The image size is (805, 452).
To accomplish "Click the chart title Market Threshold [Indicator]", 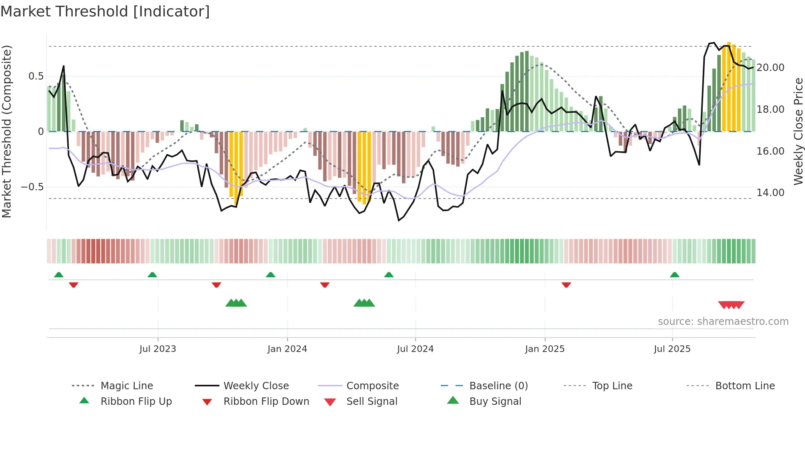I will click(x=105, y=11).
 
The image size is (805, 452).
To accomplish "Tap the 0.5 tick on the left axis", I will click(x=36, y=76).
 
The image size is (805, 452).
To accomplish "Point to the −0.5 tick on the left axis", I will click(x=32, y=187).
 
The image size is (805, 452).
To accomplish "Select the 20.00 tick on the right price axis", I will click(x=770, y=68).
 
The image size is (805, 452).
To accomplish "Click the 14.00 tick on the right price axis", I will click(x=770, y=193).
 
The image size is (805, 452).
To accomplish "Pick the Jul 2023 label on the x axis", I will click(x=158, y=349).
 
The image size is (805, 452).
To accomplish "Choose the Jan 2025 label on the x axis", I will click(x=545, y=349).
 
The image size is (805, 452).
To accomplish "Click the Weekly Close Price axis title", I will click(x=798, y=131).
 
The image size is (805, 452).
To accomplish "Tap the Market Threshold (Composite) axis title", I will click(x=7, y=131).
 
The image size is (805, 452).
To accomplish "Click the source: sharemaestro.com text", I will click(x=723, y=322).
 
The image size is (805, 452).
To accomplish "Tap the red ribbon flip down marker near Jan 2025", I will click(x=566, y=285).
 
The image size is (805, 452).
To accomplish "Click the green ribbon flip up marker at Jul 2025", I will click(x=674, y=275).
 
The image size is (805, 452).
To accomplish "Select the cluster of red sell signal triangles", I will click(x=731, y=305).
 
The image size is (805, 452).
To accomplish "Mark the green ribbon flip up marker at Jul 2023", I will click(x=152, y=275).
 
